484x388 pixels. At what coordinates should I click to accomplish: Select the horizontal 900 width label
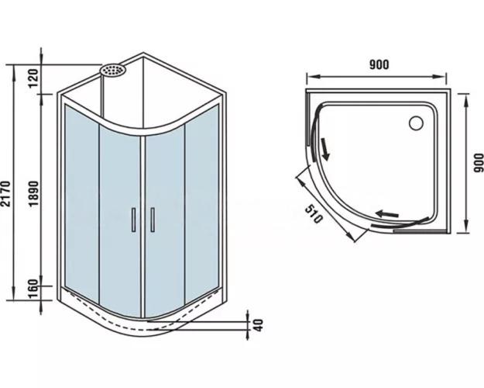pos(379,64)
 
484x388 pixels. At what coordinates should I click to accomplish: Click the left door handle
pos(134,220)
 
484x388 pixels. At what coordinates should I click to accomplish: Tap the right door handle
pos(153,220)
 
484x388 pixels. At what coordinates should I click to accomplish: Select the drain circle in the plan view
pos(415,122)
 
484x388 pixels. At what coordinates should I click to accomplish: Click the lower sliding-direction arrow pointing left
pos(386,212)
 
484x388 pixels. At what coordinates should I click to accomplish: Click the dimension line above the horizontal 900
pos(378,76)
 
